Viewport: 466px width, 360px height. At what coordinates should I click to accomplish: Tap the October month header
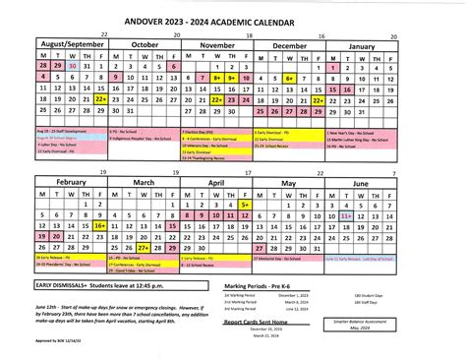(146, 44)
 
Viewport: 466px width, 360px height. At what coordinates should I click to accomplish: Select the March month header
(146, 155)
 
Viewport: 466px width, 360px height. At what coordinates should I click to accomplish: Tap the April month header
(218, 155)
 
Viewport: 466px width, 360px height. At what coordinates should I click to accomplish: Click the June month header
(363, 155)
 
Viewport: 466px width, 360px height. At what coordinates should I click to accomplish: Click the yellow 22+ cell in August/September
(100, 99)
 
